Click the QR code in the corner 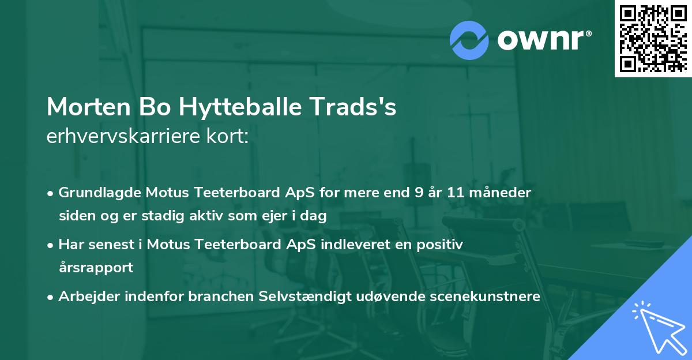click(653, 38)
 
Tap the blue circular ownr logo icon click(469, 40)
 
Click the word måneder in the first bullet click(507, 192)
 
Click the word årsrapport click(96, 268)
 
